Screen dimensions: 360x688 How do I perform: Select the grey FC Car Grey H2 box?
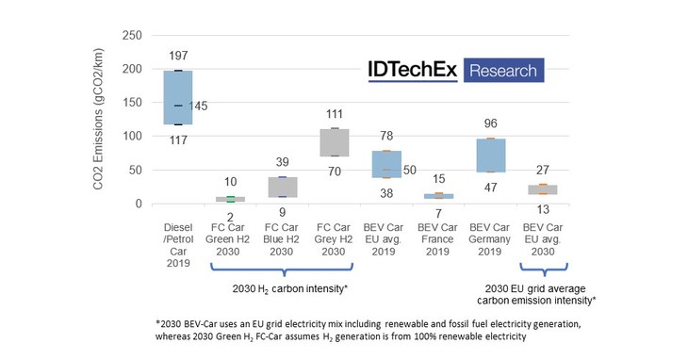pos(335,142)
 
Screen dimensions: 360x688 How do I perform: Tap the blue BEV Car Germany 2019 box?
pos(490,155)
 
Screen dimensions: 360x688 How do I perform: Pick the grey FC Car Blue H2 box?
pos(282,187)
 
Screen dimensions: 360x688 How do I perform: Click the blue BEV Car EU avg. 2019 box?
pos(386,164)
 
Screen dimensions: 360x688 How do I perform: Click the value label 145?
pos(198,106)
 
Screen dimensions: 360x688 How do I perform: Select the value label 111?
pos(335,114)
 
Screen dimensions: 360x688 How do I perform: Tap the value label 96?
pos(490,123)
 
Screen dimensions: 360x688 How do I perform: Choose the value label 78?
pos(386,136)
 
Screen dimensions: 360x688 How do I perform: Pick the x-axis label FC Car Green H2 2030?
pos(230,241)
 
